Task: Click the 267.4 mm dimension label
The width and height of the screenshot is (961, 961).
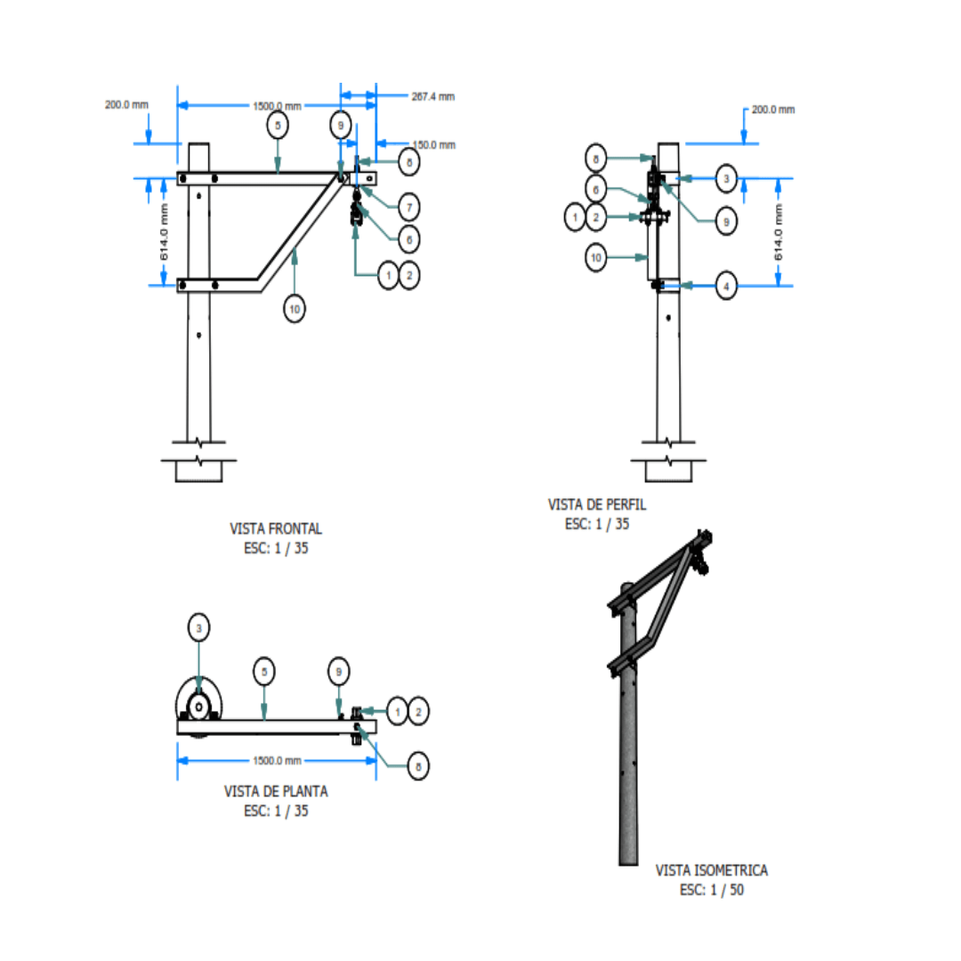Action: coord(432,96)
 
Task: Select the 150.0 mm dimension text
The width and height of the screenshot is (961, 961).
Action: coord(433,144)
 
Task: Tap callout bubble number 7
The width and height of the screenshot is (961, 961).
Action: coord(408,208)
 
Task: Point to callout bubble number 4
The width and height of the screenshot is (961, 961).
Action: coord(727,287)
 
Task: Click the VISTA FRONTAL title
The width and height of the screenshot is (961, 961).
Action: coord(276,529)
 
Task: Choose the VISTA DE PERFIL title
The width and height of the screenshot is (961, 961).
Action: coord(597,505)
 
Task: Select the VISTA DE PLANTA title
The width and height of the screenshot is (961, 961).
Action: coord(276,790)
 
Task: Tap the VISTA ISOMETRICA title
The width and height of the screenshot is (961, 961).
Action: coord(712,869)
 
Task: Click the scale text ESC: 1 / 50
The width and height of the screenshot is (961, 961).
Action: coord(712,890)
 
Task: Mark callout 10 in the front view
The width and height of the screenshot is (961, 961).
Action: coord(295,309)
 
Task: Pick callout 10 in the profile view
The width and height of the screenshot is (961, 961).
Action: coord(597,258)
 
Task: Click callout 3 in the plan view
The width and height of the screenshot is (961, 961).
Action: coord(198,627)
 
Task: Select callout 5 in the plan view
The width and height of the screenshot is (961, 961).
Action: coord(264,670)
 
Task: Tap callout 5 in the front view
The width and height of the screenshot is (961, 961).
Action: coord(278,126)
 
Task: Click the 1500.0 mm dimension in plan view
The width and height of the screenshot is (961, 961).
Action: coord(278,761)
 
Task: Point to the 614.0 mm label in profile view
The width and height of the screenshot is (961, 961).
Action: coord(779,231)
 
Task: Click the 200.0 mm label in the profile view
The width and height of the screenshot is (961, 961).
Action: coord(773,109)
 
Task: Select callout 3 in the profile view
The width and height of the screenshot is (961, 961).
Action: coord(727,179)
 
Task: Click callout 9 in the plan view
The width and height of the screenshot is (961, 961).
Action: coord(338,670)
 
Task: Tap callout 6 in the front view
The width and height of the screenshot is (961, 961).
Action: coord(408,238)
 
